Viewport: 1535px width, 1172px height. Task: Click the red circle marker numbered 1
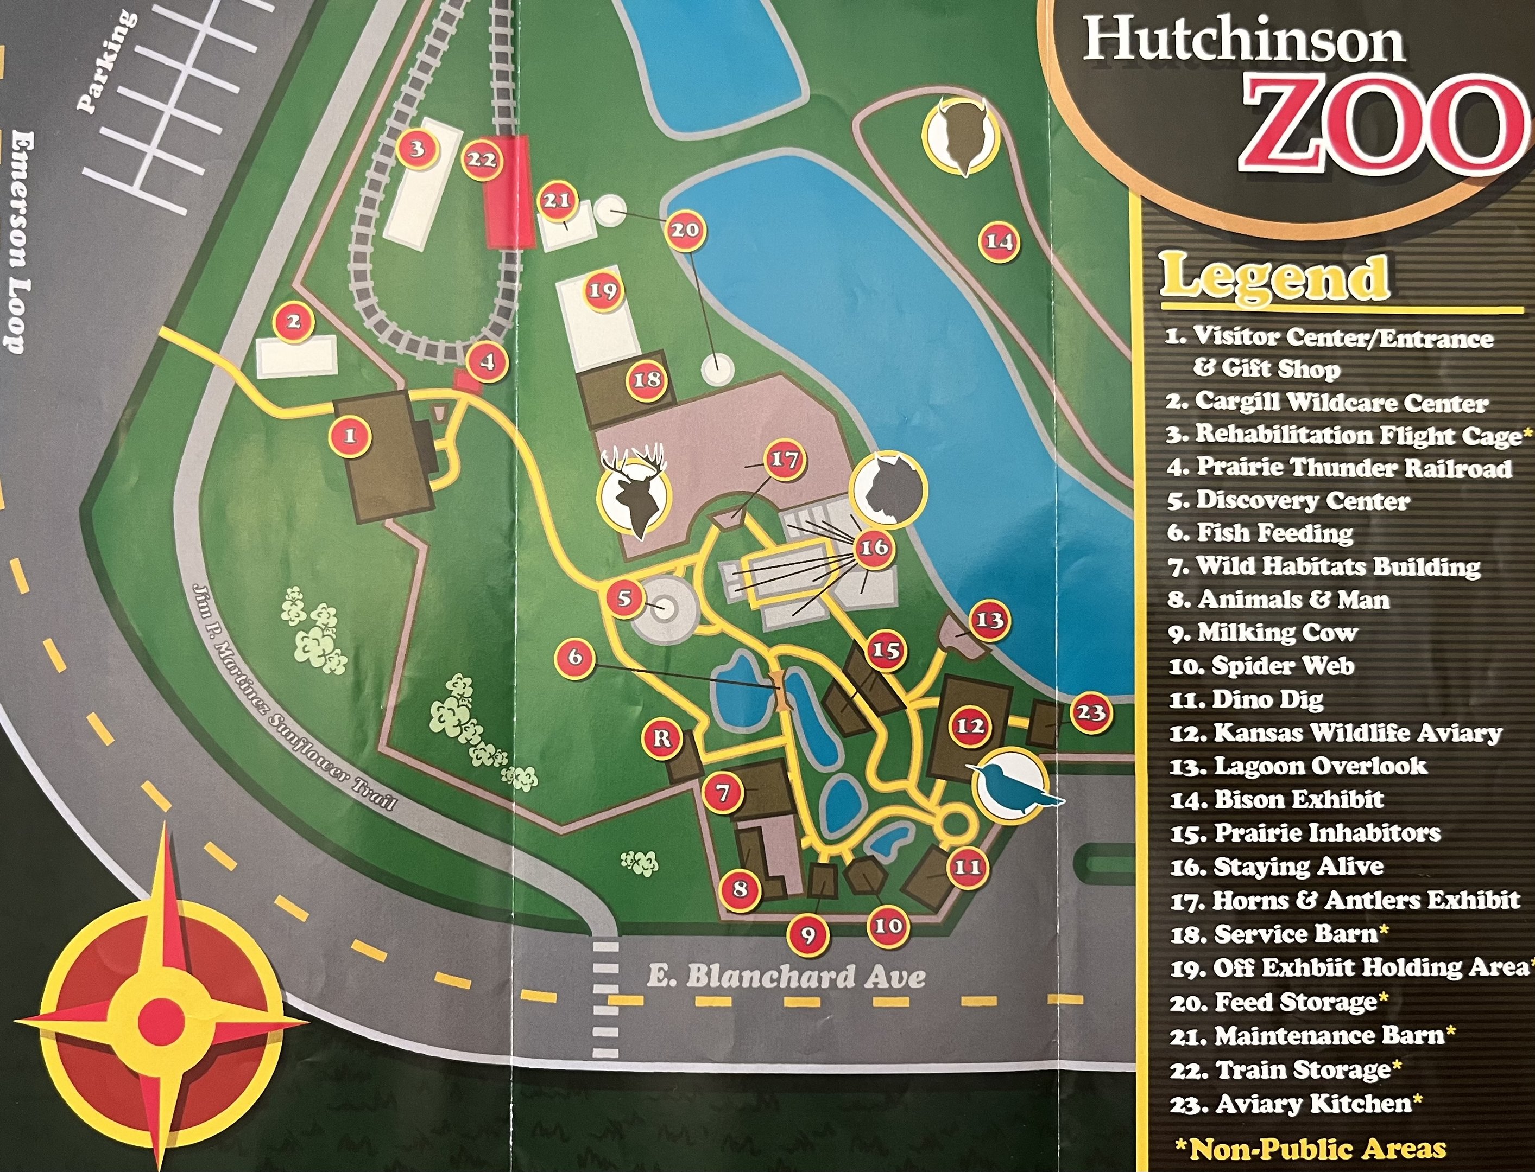pos(350,436)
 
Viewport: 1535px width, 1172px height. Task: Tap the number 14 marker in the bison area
pos(999,241)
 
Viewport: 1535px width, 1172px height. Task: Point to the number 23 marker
pos(1091,713)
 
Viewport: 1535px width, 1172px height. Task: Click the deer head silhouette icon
pos(633,488)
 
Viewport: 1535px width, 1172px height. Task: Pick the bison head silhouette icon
pos(960,135)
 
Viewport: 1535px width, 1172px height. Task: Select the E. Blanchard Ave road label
pos(786,977)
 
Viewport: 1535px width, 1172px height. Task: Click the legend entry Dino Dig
pos(1247,699)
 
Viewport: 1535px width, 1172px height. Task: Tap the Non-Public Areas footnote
pos(1311,1148)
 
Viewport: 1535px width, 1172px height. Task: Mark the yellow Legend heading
pos(1274,278)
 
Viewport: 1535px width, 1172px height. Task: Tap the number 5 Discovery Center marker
pos(624,598)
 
